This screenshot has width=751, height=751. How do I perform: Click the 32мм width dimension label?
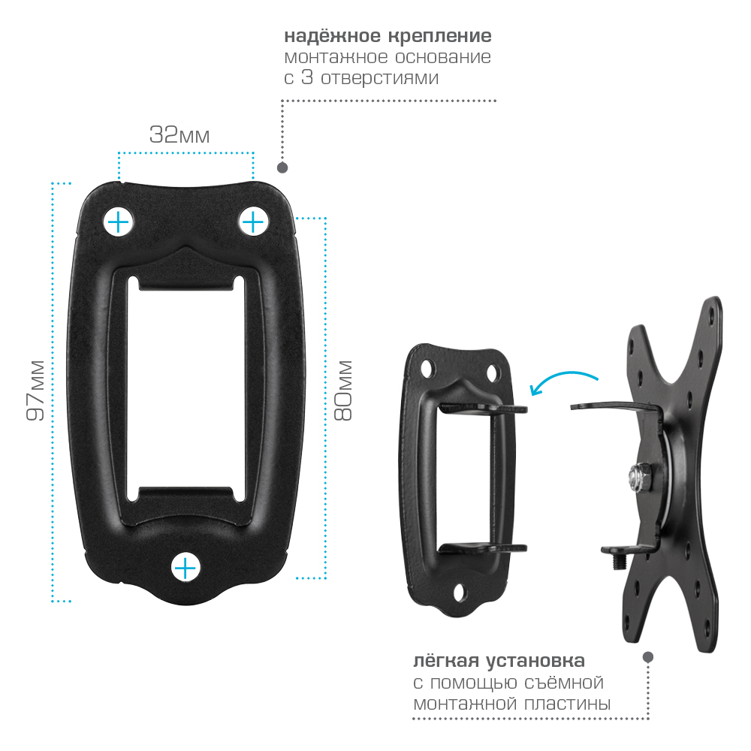coord(179,134)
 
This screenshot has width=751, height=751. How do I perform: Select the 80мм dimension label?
coord(342,391)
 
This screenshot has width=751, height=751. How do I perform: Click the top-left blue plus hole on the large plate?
coord(118,222)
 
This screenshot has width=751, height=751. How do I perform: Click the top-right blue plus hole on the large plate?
coord(253,222)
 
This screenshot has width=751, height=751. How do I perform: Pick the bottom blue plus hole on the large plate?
coord(185,568)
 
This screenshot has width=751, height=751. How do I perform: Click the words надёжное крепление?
coord(388,36)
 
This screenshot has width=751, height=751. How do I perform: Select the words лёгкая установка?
coord(499,662)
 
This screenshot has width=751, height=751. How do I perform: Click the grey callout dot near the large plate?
coord(282,167)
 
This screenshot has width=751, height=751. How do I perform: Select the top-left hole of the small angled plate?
coord(427,369)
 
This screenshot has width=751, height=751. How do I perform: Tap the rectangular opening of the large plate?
coord(185,389)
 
